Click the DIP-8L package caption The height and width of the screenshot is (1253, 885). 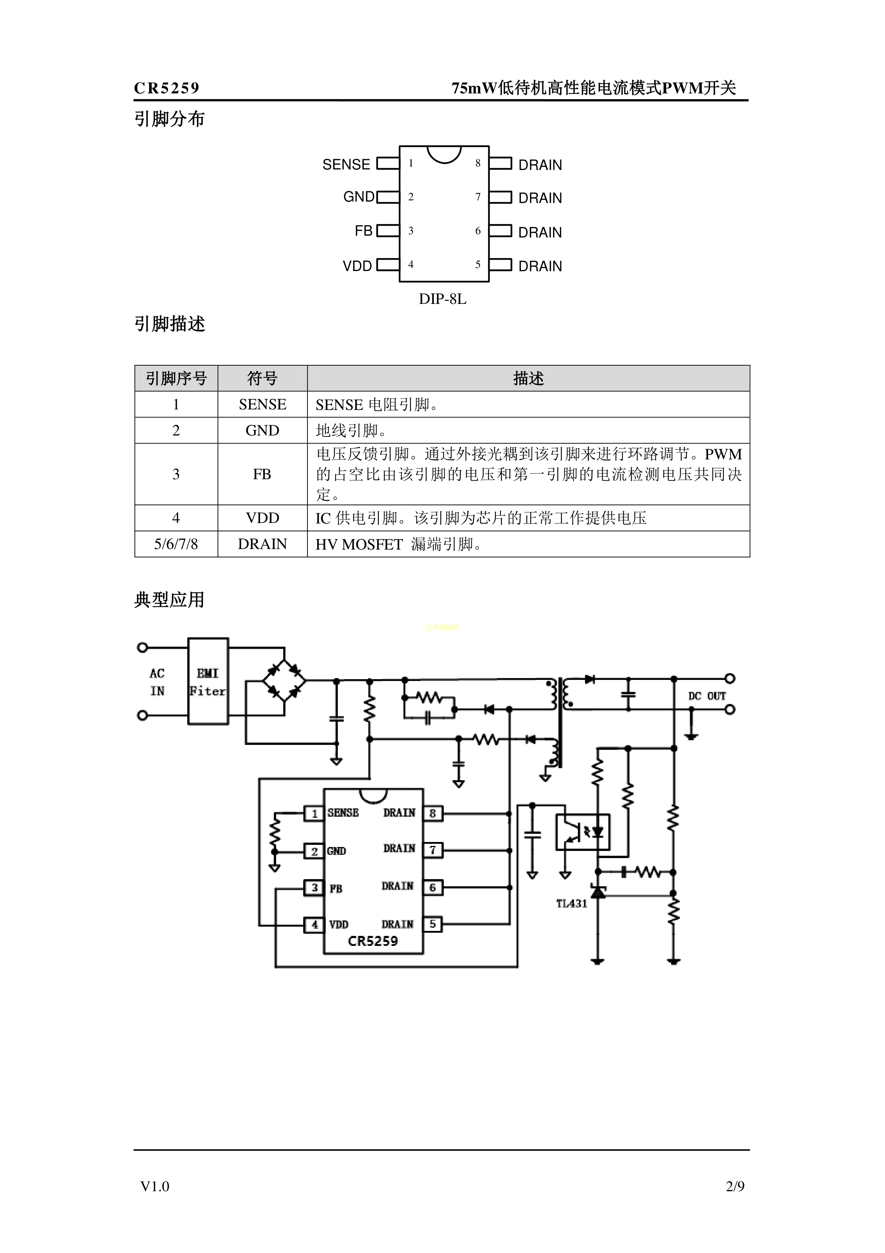point(442,299)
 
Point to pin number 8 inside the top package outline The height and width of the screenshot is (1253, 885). point(478,163)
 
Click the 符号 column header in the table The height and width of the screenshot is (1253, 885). point(262,378)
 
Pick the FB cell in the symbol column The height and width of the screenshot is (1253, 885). point(262,474)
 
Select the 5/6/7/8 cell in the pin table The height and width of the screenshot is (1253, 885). point(176,544)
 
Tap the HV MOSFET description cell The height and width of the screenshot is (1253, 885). point(528,544)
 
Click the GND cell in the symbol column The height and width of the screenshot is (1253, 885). point(262,431)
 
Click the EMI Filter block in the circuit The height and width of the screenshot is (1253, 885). point(208,681)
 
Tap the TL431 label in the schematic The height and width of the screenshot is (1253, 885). point(571,904)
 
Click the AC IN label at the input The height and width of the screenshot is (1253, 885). point(157,682)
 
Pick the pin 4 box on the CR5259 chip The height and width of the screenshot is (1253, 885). point(314,924)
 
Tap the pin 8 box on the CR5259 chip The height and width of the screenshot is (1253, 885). point(432,814)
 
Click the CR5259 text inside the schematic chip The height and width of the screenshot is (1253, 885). point(373,941)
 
